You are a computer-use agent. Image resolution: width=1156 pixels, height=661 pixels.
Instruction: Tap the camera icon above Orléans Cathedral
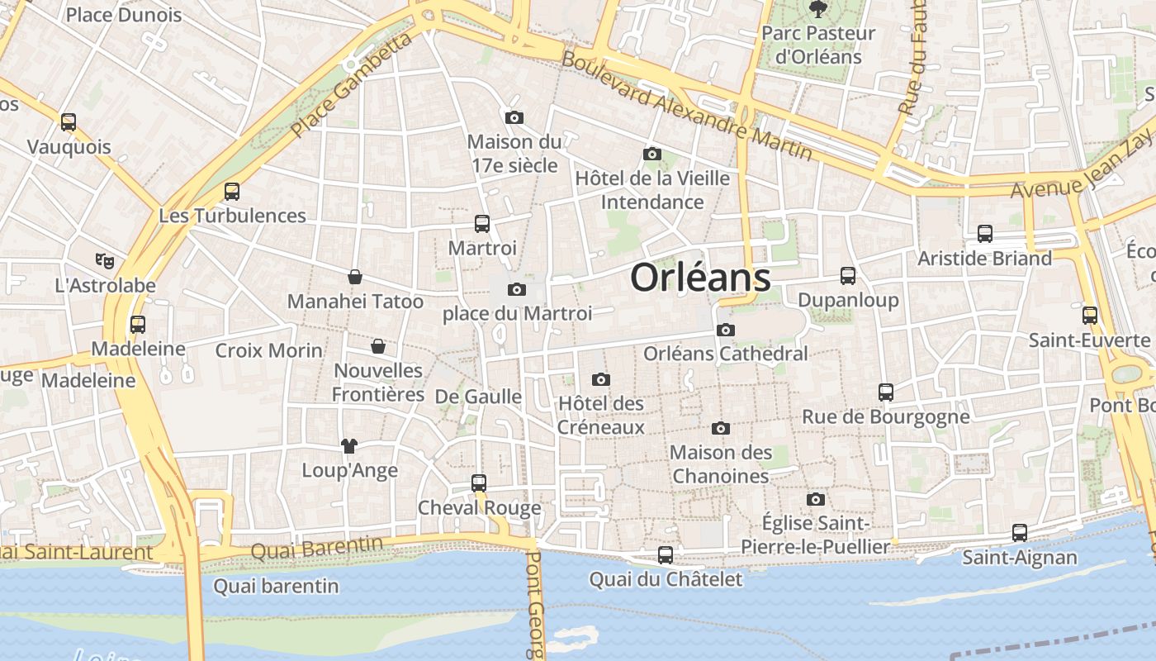point(726,330)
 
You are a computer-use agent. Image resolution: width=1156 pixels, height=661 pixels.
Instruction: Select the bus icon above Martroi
point(482,224)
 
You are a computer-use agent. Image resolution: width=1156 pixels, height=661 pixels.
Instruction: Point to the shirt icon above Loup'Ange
point(349,446)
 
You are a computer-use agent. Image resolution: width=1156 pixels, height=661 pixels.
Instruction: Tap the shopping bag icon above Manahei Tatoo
point(355,276)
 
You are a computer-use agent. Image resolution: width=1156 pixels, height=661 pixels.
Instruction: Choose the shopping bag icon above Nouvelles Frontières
point(378,345)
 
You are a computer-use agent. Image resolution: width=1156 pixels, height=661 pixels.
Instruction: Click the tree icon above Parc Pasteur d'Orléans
point(818,9)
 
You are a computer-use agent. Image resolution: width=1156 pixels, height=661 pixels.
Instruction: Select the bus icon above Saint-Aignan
point(1020,533)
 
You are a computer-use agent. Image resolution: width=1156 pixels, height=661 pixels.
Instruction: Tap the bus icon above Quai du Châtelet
point(666,554)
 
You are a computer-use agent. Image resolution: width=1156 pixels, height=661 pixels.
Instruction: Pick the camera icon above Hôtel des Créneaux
point(601,380)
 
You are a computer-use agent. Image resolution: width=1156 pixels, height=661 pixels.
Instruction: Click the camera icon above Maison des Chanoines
point(721,428)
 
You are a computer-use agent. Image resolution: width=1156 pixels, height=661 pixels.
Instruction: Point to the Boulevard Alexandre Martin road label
point(685,105)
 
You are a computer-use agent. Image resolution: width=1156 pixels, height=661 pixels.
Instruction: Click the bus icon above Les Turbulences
point(232,192)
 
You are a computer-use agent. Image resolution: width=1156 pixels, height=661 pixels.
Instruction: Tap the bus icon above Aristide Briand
point(985,234)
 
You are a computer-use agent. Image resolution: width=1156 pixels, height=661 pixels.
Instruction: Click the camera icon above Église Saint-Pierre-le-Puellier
point(816,499)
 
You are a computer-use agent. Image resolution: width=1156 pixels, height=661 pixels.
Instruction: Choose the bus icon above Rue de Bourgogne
point(886,392)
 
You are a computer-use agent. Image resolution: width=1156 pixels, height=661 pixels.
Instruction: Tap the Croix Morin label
point(269,350)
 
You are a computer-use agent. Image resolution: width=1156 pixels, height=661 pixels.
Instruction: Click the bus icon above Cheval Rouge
point(479,483)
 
